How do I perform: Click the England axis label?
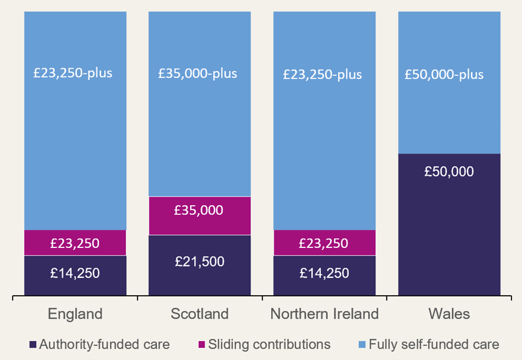click(75, 314)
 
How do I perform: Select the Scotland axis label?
click(199, 314)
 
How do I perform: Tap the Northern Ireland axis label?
click(324, 314)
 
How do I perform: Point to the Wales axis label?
click(449, 314)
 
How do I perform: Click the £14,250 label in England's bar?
click(75, 273)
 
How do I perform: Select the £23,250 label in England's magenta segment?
click(75, 243)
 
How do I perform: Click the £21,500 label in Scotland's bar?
click(199, 261)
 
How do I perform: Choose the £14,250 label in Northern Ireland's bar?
click(324, 273)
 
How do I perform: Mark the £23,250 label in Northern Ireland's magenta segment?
click(324, 243)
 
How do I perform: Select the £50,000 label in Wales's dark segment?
click(449, 172)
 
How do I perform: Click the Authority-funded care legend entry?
click(104, 345)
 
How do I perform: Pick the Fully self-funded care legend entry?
click(434, 345)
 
